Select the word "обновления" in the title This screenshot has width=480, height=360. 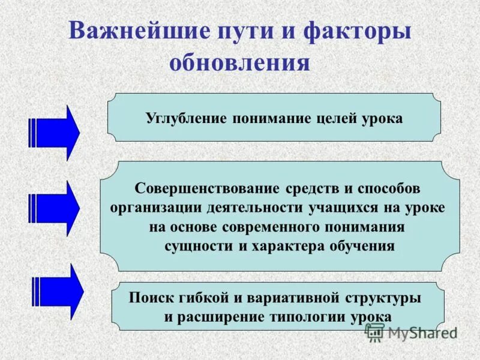239,62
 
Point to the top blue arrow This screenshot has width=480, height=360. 54,133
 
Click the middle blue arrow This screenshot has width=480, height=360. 54,208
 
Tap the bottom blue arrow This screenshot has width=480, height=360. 58,291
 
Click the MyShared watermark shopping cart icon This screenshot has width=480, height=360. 374,332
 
